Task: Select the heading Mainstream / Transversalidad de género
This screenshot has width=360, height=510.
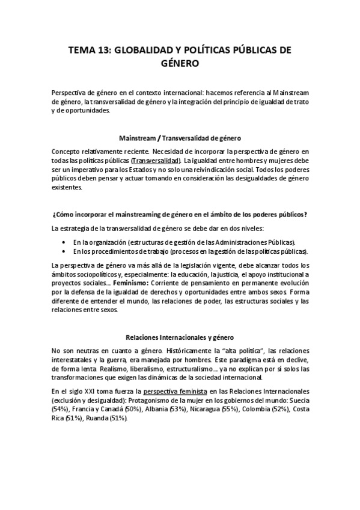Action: [180, 137]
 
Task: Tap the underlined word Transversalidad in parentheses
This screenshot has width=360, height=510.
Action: [156, 161]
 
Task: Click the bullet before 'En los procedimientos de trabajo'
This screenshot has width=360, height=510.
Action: [64, 250]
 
